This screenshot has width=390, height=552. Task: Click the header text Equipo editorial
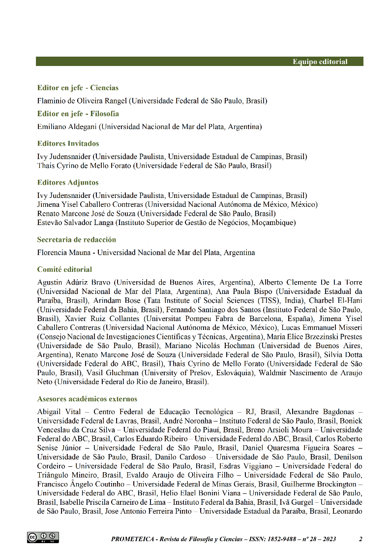tap(320, 62)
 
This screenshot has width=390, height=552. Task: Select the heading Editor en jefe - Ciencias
tap(78, 88)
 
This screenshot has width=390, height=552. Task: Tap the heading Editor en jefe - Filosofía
tap(78, 113)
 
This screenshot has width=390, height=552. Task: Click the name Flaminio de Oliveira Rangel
tap(83, 101)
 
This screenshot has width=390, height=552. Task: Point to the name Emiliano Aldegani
tap(67, 127)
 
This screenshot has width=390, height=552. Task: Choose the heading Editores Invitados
tap(68, 143)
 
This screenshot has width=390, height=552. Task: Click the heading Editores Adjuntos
tap(68, 182)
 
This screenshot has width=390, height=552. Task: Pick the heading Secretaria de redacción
tap(76, 239)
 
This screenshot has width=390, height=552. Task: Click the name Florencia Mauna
tap(64, 253)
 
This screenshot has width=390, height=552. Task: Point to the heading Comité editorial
tap(64, 269)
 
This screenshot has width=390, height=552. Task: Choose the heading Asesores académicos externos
tap(87, 398)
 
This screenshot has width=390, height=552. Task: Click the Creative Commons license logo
tap(43, 537)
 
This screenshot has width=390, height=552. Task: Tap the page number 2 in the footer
tap(360, 539)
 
